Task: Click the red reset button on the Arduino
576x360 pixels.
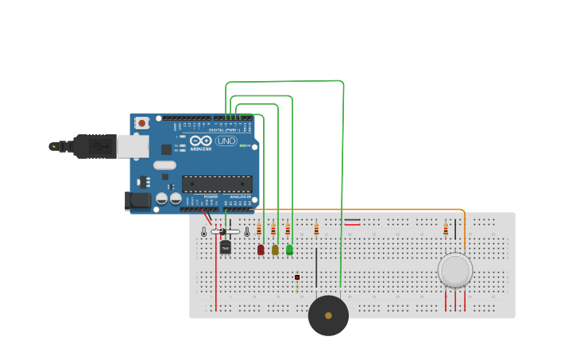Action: tap(141, 123)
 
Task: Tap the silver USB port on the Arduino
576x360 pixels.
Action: tap(133, 145)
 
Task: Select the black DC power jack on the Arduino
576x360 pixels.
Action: tap(137, 200)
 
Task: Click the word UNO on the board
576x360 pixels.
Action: tap(226, 141)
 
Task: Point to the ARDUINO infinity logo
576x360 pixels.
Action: tap(200, 141)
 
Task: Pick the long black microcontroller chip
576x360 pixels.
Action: tap(216, 184)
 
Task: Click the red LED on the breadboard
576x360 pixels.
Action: tap(261, 250)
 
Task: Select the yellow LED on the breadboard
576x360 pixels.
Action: tap(275, 250)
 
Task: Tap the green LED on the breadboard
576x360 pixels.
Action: tap(289, 250)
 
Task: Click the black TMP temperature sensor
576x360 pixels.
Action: tap(225, 247)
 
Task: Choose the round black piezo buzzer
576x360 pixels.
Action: tap(328, 315)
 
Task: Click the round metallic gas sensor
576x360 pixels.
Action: tap(455, 270)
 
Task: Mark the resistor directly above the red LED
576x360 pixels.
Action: tap(259, 229)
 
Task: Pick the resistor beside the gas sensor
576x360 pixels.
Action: tap(446, 229)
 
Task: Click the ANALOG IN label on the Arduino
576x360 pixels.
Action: tap(240, 196)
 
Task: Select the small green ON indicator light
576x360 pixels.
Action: tap(242, 145)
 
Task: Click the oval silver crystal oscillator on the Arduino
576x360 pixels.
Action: tap(164, 165)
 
